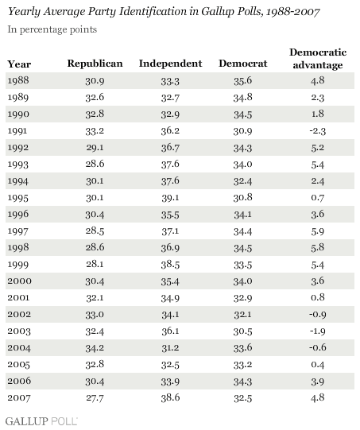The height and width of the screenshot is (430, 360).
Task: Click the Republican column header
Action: click(x=95, y=64)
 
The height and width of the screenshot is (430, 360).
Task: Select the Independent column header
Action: click(x=170, y=64)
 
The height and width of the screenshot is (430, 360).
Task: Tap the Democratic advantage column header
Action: click(x=318, y=59)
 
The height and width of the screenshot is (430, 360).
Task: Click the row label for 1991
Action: click(x=17, y=131)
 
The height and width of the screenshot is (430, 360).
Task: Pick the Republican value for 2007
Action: click(x=95, y=398)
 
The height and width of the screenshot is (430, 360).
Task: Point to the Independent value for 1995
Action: click(x=170, y=198)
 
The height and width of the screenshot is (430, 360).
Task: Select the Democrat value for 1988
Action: click(x=243, y=80)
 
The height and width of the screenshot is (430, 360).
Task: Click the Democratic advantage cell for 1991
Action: click(x=318, y=131)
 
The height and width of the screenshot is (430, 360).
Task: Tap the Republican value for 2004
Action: click(x=95, y=348)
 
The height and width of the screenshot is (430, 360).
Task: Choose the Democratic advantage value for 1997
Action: click(x=318, y=231)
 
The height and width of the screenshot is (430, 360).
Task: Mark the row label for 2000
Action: click(x=19, y=281)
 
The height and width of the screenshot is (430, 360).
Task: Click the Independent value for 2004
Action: click(x=170, y=348)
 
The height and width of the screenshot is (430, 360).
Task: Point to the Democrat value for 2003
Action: click(x=243, y=331)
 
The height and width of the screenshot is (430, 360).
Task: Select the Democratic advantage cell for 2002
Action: click(x=318, y=315)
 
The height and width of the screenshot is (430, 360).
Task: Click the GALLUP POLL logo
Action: click(x=41, y=421)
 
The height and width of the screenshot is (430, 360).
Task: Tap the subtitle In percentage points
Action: click(x=52, y=29)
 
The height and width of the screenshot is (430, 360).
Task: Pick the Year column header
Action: click(x=19, y=64)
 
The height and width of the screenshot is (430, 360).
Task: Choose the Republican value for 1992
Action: click(x=95, y=148)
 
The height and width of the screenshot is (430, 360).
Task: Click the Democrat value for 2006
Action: click(x=243, y=382)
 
